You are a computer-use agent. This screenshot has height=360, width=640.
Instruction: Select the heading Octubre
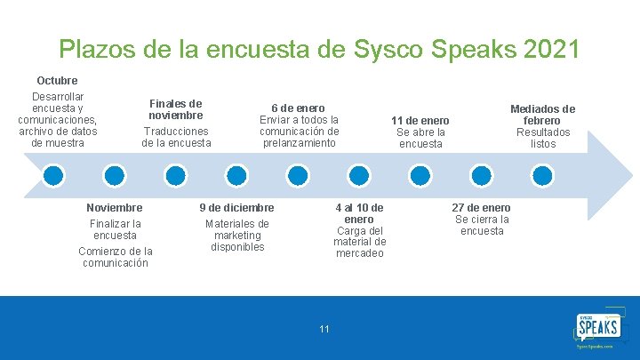pos(57,81)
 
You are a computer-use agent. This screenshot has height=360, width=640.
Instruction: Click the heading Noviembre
pos(115,207)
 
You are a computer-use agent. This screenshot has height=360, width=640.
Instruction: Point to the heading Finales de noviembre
pos(176,109)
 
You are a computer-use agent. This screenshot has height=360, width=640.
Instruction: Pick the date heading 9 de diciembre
pos(236,207)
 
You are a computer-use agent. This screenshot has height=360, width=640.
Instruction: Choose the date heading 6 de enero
pos(299,108)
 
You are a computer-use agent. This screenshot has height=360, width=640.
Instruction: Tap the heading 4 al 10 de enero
pos(359,213)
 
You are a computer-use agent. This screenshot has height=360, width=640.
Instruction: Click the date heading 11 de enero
pos(420,120)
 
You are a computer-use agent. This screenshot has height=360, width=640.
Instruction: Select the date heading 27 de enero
pos(482,207)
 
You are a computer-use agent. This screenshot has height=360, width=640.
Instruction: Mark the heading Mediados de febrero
pos(542,115)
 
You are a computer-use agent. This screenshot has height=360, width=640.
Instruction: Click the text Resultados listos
pos(542,138)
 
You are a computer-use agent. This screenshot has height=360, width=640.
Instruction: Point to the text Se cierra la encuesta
pos(482,225)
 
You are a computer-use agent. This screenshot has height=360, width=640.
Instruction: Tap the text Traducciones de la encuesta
pos(176,136)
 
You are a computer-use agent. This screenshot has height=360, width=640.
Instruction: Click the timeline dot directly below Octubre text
pos(54,174)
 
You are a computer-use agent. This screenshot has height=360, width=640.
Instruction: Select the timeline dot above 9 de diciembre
pos(236,174)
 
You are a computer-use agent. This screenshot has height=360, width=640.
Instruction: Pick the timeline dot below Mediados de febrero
pos(542,174)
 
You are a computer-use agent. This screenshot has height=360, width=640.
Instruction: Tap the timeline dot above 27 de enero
pos(482,174)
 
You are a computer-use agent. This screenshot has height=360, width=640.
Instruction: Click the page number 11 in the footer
pos(324,329)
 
